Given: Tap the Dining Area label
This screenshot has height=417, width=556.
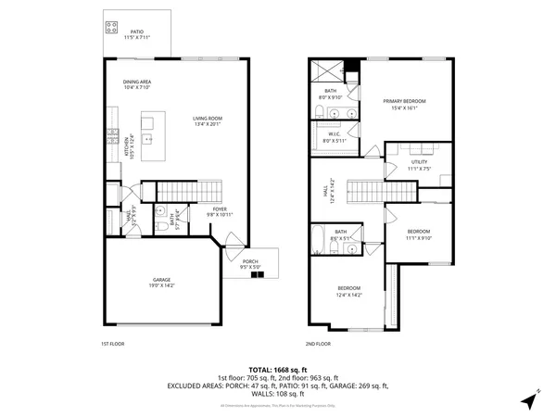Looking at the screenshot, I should pyautogui.click(x=137, y=85).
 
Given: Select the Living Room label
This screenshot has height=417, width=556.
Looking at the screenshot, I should pyautogui.click(x=208, y=120).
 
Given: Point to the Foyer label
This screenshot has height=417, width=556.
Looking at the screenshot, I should pyautogui.click(x=220, y=211).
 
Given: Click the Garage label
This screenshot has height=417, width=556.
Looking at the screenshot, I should pyautogui.click(x=162, y=283).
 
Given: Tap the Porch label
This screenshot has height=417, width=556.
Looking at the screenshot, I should pyautogui.click(x=250, y=265).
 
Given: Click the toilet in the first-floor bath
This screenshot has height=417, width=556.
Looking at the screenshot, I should pyautogui.click(x=159, y=224).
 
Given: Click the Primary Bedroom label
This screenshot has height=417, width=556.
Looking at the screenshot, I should pyautogui.click(x=406, y=103).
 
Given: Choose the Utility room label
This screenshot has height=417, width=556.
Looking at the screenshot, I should pyautogui.click(x=419, y=167).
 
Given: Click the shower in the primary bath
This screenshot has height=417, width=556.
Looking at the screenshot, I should pyautogui.click(x=326, y=70).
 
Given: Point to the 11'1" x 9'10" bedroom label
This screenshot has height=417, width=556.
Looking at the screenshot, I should pyautogui.click(x=419, y=234).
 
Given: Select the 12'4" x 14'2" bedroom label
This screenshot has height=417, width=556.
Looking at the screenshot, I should pyautogui.click(x=349, y=292).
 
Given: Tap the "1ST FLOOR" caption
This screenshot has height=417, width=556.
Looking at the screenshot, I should pyautogui.click(x=112, y=345).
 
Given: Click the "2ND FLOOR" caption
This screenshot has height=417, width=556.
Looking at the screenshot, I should pyautogui.click(x=318, y=345).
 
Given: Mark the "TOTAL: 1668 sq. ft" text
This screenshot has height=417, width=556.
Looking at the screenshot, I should pyautogui.click(x=278, y=370).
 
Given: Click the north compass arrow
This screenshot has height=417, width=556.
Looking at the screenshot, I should pyautogui.click(x=530, y=399).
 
